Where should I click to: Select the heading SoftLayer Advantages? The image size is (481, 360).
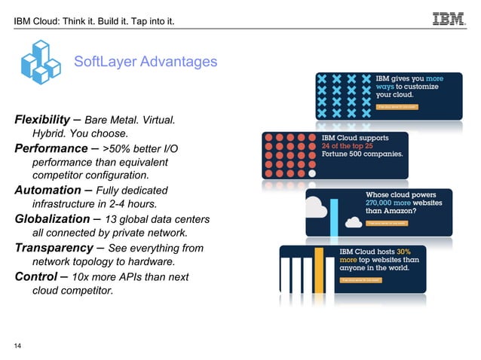tap(145, 61)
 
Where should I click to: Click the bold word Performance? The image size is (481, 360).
tap(51, 148)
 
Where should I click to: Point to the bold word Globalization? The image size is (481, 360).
tap(54, 219)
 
